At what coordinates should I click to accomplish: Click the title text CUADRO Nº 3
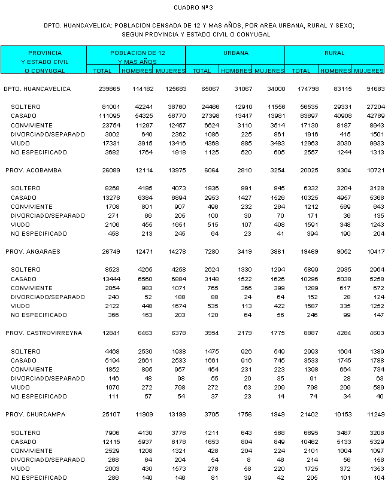point(193,7)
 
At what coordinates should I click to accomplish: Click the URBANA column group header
point(236,53)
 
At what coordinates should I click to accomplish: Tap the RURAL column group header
point(334,53)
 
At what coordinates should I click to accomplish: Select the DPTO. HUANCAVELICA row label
point(37,89)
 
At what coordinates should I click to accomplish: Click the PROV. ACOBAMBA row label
point(34,171)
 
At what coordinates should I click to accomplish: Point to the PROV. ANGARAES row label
point(34,252)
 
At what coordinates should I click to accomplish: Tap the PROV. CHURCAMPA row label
point(35,414)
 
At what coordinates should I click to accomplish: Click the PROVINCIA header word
point(44,53)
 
